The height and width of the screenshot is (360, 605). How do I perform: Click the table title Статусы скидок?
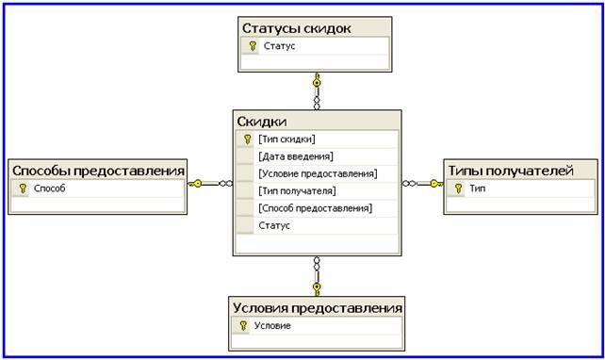(296, 28)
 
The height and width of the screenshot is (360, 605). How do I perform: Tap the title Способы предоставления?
(98, 171)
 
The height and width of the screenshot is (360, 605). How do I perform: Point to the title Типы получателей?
(511, 171)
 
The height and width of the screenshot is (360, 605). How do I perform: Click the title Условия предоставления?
(318, 308)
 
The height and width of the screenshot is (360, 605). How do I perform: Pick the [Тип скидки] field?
(286, 139)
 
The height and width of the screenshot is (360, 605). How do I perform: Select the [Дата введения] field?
(296, 156)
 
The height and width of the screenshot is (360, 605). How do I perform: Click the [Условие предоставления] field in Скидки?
(318, 173)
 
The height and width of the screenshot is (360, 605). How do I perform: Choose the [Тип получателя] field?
(297, 190)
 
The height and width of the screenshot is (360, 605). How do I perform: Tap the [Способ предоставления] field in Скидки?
(316, 208)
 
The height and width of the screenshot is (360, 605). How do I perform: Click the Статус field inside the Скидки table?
(274, 225)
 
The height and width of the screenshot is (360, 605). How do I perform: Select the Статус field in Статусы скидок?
(279, 46)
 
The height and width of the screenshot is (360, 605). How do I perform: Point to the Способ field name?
(49, 188)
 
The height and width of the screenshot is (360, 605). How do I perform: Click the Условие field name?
(272, 325)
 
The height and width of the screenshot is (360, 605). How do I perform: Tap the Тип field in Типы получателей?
(477, 188)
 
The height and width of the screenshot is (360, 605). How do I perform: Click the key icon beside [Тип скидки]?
(247, 139)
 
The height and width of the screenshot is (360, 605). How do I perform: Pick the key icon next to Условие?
(243, 326)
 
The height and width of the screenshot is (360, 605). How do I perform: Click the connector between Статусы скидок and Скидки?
(317, 91)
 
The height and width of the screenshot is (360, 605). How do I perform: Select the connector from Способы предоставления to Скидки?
(210, 184)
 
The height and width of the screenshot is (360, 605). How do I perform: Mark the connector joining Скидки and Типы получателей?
(423, 184)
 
